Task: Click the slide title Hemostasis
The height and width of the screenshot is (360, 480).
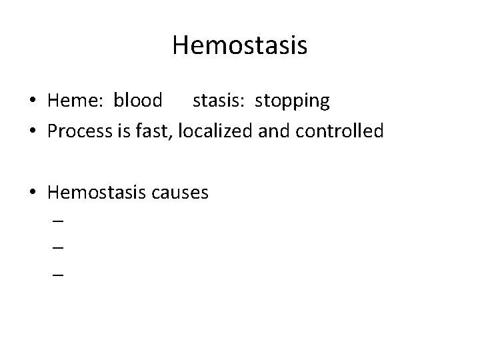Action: tap(239, 46)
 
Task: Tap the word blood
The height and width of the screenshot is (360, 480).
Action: tap(138, 101)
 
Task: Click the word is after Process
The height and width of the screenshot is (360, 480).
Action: tap(133, 131)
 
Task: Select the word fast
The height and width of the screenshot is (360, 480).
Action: tap(160, 131)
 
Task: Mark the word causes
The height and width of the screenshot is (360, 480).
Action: tap(181, 194)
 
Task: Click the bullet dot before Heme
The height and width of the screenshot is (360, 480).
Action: tap(33, 101)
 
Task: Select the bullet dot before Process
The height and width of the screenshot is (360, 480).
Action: tap(33, 132)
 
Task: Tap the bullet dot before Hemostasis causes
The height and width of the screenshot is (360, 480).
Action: tap(33, 194)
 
